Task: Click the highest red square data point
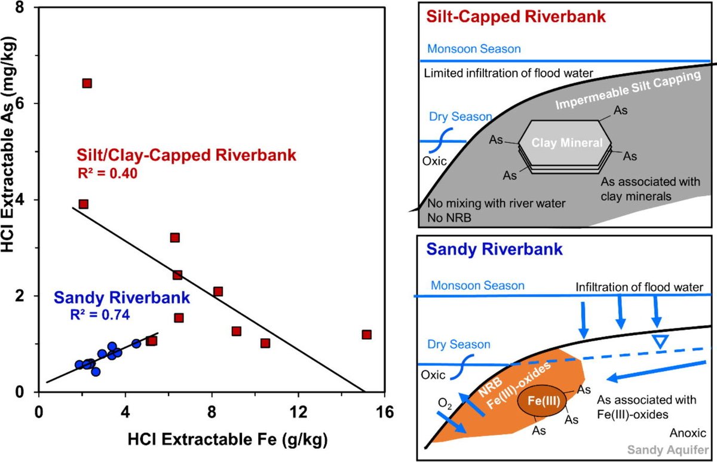87,83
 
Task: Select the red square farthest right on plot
366,335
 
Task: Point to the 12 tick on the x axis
298,412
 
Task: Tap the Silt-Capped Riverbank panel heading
514,16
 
